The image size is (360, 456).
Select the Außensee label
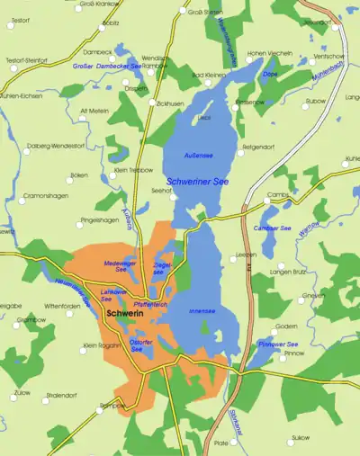point(198,156)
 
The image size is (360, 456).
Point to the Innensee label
point(202,311)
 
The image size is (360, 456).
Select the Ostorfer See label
point(141,345)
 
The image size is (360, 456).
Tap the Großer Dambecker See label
point(106,66)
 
